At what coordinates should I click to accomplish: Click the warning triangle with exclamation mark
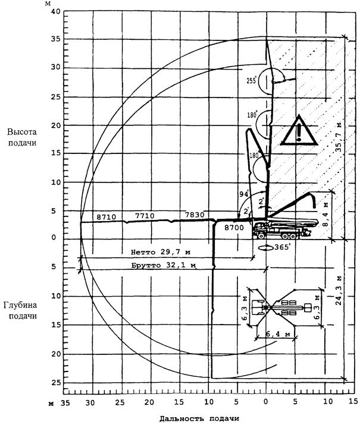coord(299,131)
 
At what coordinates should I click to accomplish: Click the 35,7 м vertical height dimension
coord(339,140)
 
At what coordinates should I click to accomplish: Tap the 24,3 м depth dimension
coord(339,290)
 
